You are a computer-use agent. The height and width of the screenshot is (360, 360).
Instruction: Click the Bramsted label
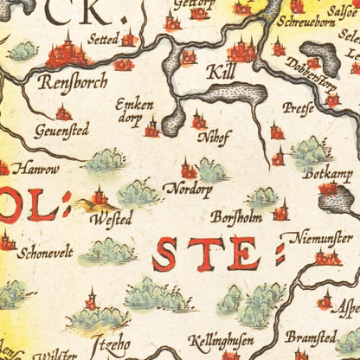(x=312, y=337)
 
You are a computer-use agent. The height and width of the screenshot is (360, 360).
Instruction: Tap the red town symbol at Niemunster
(x=327, y=256)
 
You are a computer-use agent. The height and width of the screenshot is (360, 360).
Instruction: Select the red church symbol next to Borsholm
(x=280, y=210)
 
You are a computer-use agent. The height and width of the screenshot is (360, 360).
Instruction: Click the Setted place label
(x=103, y=38)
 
